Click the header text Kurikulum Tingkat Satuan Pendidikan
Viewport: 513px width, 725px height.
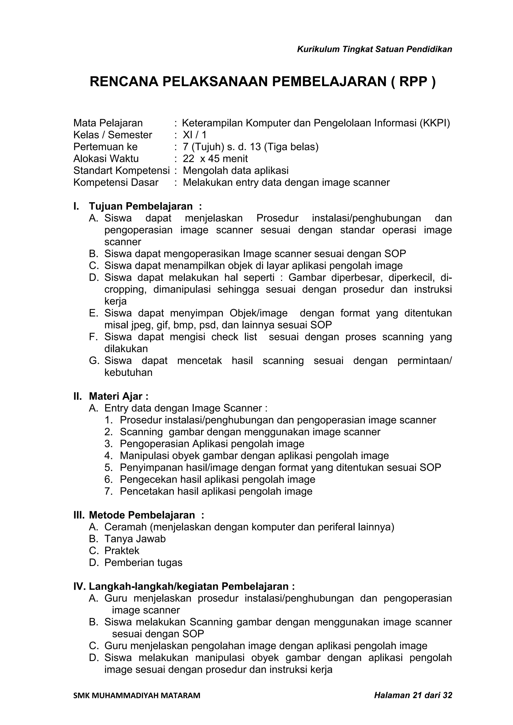coord(374,49)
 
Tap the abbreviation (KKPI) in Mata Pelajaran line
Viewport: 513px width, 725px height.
coord(435,123)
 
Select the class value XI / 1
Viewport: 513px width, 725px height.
coord(194,135)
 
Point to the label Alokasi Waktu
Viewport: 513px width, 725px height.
coord(106,159)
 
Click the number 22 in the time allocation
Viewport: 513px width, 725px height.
coord(188,159)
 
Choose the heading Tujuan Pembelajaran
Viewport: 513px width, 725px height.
coord(141,206)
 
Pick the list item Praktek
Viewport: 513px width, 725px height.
coord(122,551)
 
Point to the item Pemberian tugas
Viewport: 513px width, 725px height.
coord(143,563)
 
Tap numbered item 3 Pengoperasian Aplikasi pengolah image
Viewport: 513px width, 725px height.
coord(212,444)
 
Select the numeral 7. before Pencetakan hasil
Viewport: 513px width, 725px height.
coord(108,491)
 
